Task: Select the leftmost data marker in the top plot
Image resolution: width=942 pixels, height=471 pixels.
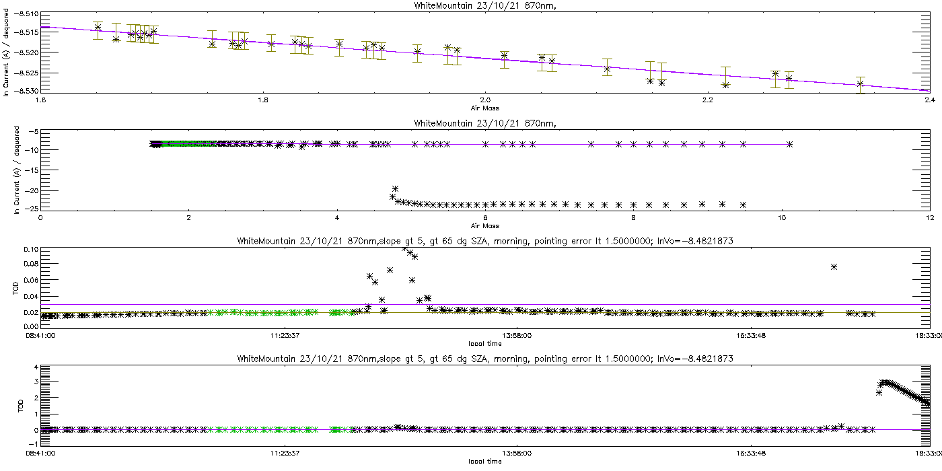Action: tap(98, 28)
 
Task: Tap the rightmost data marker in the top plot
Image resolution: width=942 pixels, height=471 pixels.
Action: tap(860, 84)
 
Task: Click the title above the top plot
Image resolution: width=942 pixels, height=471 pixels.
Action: tap(470, 6)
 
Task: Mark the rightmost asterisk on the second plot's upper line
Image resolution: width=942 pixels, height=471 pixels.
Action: tap(789, 144)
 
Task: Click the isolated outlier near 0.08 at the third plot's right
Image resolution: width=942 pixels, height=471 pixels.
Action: tap(834, 267)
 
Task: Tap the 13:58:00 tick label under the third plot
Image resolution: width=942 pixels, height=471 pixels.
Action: tap(515, 334)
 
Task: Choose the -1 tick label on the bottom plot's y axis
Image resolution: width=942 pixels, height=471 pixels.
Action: tap(34, 445)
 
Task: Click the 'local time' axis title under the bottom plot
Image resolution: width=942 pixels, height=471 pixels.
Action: tap(485, 461)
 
